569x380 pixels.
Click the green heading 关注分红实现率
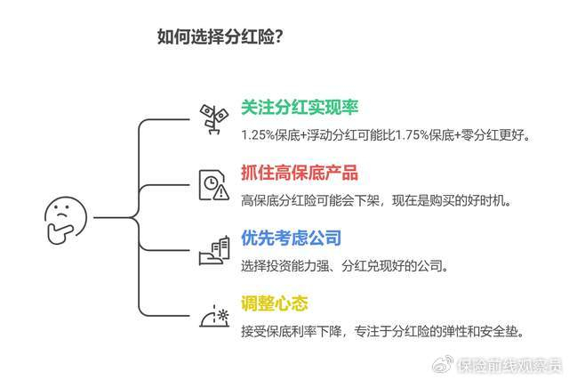tap(300, 108)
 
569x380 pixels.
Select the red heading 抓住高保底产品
tap(300, 174)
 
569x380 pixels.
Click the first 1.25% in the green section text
tap(259, 135)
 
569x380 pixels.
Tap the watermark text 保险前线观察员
tap(509, 364)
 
